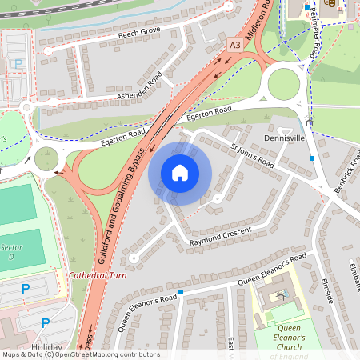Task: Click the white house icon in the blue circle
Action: [180, 173]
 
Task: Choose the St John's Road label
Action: [252, 155]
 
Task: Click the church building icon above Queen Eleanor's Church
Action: [280, 296]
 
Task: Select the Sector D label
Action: [10, 251]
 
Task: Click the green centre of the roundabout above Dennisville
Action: [283, 82]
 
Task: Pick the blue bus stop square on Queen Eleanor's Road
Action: [181, 292]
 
